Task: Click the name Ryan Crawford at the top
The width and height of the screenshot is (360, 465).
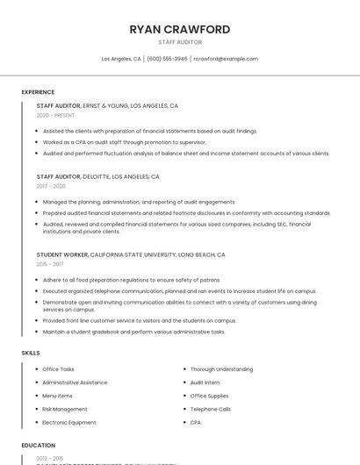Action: point(180,29)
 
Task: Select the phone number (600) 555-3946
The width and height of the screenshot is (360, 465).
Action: point(167,59)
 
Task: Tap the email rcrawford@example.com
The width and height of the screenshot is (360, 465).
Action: point(226,59)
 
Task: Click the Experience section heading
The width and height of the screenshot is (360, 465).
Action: point(38,92)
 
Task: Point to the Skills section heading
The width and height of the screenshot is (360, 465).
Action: point(30,353)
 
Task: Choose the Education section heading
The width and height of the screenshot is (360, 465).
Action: point(38,446)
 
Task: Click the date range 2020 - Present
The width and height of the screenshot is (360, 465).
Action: point(55,115)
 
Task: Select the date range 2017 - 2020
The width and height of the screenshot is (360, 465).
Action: point(51,186)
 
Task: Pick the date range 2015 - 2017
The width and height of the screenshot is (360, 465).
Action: point(50,264)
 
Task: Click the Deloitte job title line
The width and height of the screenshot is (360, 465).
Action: point(98,176)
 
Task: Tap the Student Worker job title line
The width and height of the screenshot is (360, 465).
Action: point(131,254)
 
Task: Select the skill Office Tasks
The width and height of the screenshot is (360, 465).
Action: point(58,369)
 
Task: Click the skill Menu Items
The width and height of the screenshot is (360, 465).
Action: point(58,396)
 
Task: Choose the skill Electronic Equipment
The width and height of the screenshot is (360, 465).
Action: point(69,422)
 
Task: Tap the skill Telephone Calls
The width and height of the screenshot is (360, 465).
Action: point(211,409)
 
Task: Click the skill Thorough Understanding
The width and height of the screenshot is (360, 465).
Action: point(221,369)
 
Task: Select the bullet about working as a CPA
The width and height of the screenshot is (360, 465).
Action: point(124,142)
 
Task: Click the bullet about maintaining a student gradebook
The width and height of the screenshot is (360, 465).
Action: point(133,332)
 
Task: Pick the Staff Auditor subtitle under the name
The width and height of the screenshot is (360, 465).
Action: point(180,42)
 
